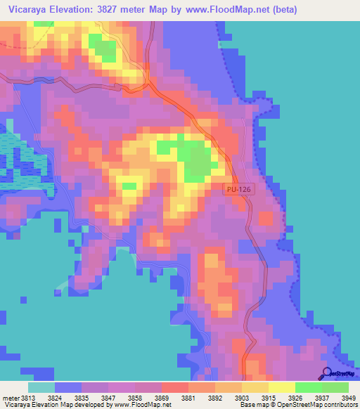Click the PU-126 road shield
[x=238, y=189]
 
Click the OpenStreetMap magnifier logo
[x=327, y=373]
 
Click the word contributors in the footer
[x=342, y=405]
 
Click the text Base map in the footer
[x=254, y=405]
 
